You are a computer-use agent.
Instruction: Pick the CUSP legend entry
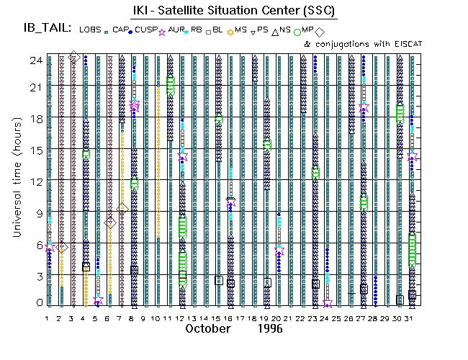click(x=146, y=30)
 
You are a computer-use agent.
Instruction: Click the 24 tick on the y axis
click(x=35, y=60)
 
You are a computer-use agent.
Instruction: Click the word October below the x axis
click(x=208, y=328)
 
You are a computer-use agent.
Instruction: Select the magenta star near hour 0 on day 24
click(x=328, y=302)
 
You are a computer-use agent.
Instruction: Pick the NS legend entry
click(x=284, y=30)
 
